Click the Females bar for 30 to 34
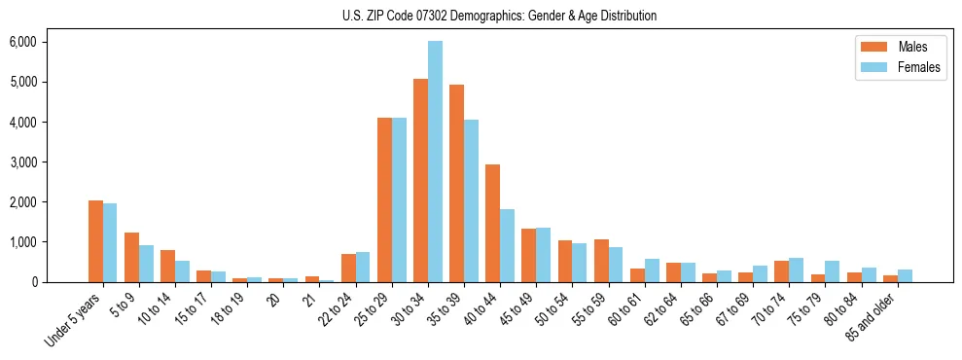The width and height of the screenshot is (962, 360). tap(435, 162)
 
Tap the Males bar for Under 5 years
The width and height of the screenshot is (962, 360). tap(95, 241)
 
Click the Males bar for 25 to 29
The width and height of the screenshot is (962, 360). tap(384, 199)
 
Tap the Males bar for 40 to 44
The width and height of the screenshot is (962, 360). tap(492, 223)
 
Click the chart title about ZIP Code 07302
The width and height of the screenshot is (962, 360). tap(499, 16)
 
